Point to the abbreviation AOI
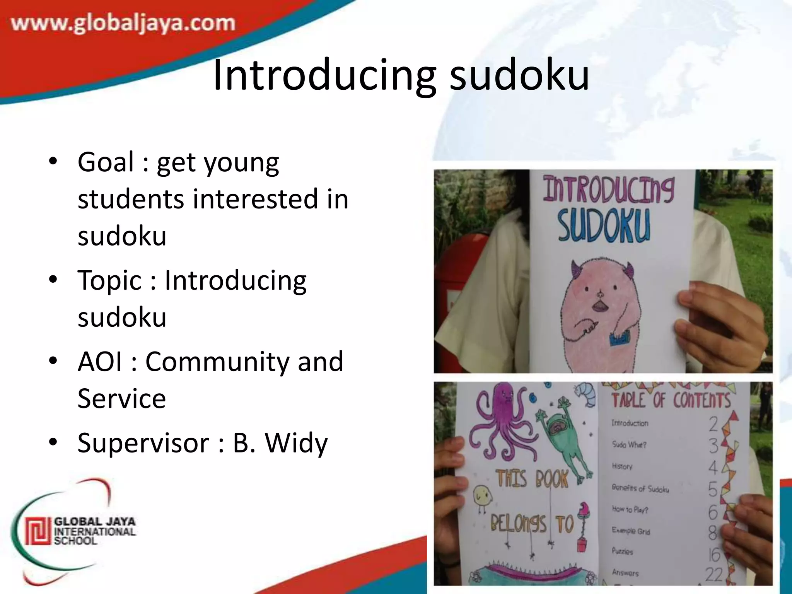coord(100,361)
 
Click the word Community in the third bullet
coord(217,361)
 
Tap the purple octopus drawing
coord(501,420)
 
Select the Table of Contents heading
coord(671,400)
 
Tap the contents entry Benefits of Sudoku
coord(640,488)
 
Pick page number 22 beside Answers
coord(713,575)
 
